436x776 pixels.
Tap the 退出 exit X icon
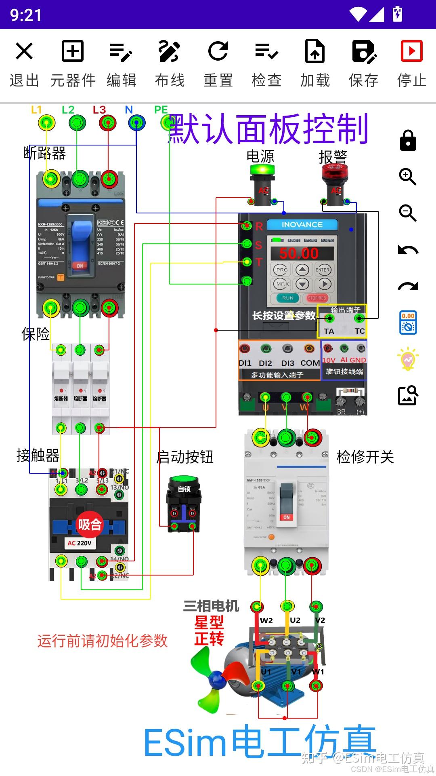pyautogui.click(x=24, y=51)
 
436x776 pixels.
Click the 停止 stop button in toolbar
pyautogui.click(x=411, y=51)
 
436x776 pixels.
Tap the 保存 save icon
pyautogui.click(x=363, y=51)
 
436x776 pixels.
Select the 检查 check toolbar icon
pyautogui.click(x=266, y=51)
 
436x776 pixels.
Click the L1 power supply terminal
pyautogui.click(x=47, y=122)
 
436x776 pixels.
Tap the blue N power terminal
pyautogui.click(x=137, y=122)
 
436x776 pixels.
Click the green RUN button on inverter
pyautogui.click(x=287, y=298)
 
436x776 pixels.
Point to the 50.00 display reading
pyautogui.click(x=299, y=253)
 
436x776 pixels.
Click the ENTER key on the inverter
pyautogui.click(x=322, y=270)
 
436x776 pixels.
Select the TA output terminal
pyautogui.click(x=329, y=319)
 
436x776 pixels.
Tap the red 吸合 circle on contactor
pyautogui.click(x=90, y=525)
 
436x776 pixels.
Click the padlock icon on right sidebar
pyautogui.click(x=408, y=141)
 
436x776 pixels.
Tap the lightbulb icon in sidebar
pyautogui.click(x=408, y=358)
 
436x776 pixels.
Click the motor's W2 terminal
pyautogui.click(x=257, y=606)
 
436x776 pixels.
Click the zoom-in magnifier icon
pyautogui.click(x=408, y=177)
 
